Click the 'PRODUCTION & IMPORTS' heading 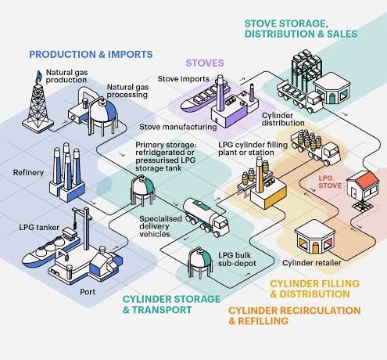tap(91, 54)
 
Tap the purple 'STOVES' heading tap(205, 63)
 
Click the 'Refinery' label tap(28, 172)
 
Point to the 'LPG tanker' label tap(39, 228)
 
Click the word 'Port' tap(88, 292)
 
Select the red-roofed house tap(363, 185)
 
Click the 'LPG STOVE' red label tap(330, 182)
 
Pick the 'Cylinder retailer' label tap(312, 263)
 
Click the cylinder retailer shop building tap(315, 238)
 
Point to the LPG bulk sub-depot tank tap(200, 263)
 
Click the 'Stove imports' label tap(184, 79)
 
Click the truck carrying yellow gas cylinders tap(316, 147)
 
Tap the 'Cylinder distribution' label tap(283, 119)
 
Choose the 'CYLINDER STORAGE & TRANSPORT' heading tap(171, 304)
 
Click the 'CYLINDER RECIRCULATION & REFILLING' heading tap(295, 315)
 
